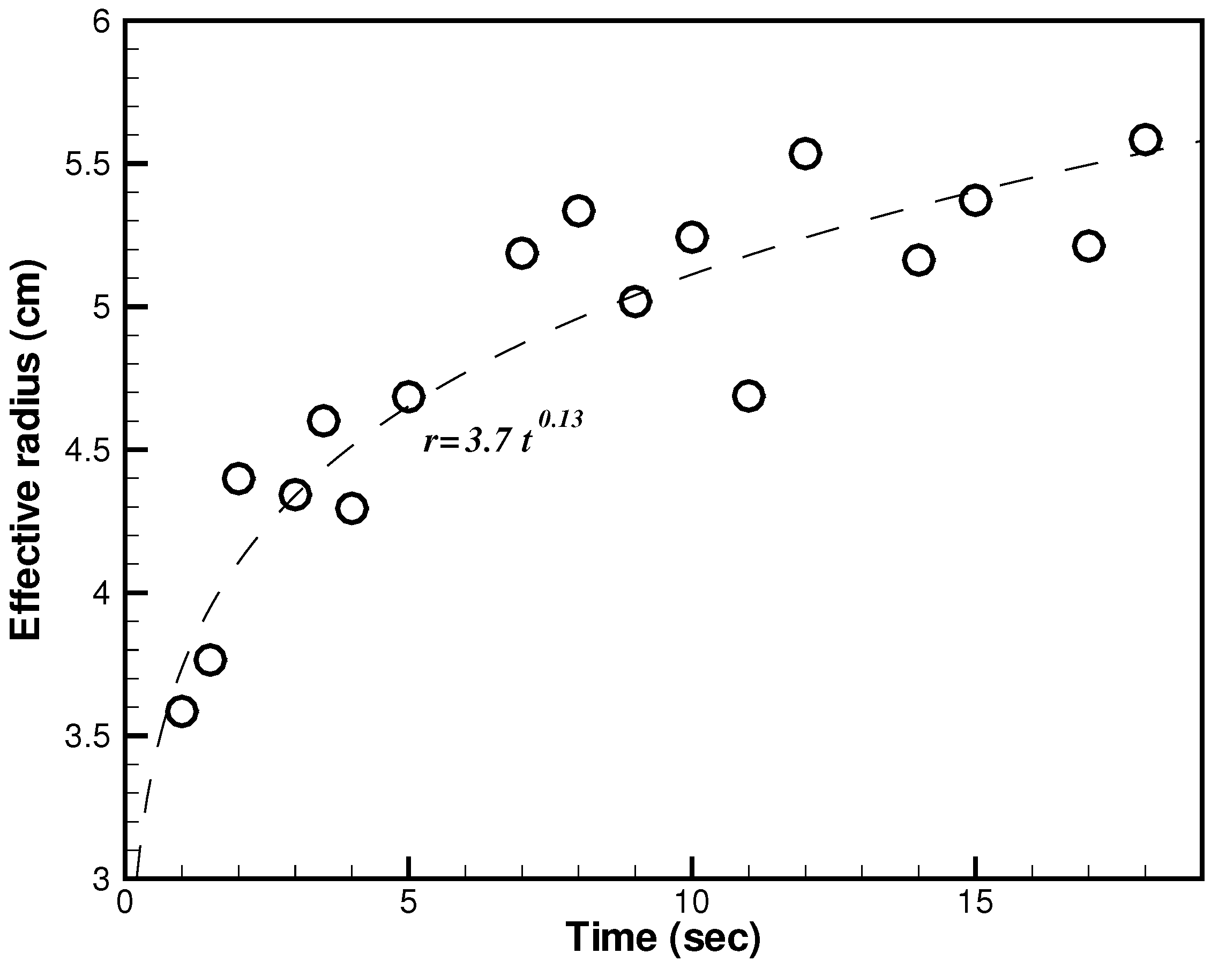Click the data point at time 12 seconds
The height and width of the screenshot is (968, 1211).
click(805, 153)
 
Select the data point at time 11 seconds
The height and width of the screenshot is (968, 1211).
click(748, 396)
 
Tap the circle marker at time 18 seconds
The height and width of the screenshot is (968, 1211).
click(1145, 139)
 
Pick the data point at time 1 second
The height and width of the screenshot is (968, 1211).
click(182, 711)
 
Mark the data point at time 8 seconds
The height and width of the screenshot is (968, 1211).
click(579, 211)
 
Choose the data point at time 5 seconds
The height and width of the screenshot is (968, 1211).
click(408, 396)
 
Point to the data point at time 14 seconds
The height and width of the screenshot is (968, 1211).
click(918, 260)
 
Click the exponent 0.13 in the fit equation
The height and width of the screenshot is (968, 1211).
click(560, 419)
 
